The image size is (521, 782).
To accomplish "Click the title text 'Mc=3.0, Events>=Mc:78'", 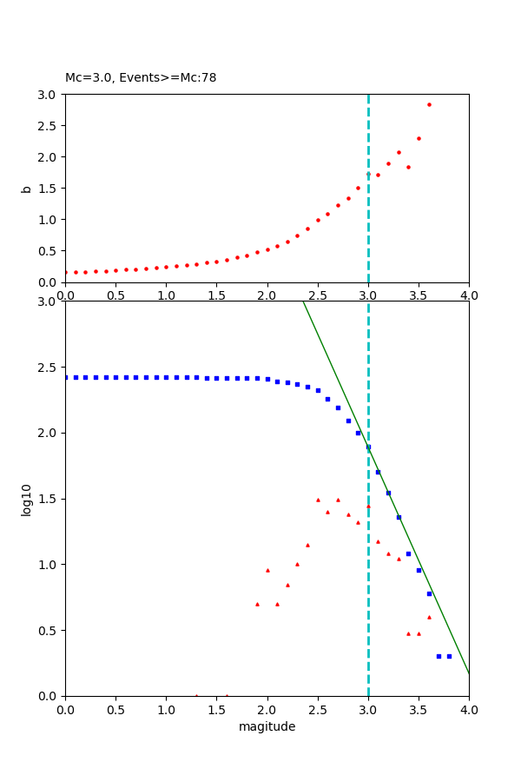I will (x=141, y=77).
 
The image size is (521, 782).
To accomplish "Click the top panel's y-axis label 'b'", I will (x=26, y=188).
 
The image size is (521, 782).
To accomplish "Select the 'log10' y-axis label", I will (x=26, y=500).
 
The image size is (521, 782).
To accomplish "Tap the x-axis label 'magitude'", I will (x=267, y=726).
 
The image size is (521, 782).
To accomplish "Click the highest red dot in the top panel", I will (x=429, y=104).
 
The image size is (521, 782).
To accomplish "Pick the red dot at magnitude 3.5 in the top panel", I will (x=419, y=138).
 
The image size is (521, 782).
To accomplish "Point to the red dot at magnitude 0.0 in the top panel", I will (x=65, y=272).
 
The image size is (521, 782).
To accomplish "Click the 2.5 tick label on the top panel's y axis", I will (x=49, y=125).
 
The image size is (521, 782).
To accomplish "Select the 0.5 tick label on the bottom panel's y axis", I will (x=49, y=630).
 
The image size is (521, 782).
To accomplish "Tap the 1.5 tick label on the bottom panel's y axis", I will (x=49, y=499).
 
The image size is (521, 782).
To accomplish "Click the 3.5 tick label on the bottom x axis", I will (x=419, y=709).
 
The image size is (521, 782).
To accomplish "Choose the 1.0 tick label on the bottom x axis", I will (x=166, y=709).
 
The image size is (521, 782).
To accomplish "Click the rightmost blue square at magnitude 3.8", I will (x=449, y=656).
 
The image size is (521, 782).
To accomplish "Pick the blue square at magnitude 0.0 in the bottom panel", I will (x=66, y=377).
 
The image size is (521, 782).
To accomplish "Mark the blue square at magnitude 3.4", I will (x=408, y=553).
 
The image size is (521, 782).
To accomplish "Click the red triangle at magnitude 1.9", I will (x=257, y=604).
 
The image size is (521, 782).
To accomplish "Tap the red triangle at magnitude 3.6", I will (x=429, y=617).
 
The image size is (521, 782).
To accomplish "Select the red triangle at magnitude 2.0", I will (x=267, y=570).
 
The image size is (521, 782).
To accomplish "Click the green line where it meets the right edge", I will (x=468, y=673).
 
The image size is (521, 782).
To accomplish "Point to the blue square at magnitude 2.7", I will (x=338, y=408).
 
